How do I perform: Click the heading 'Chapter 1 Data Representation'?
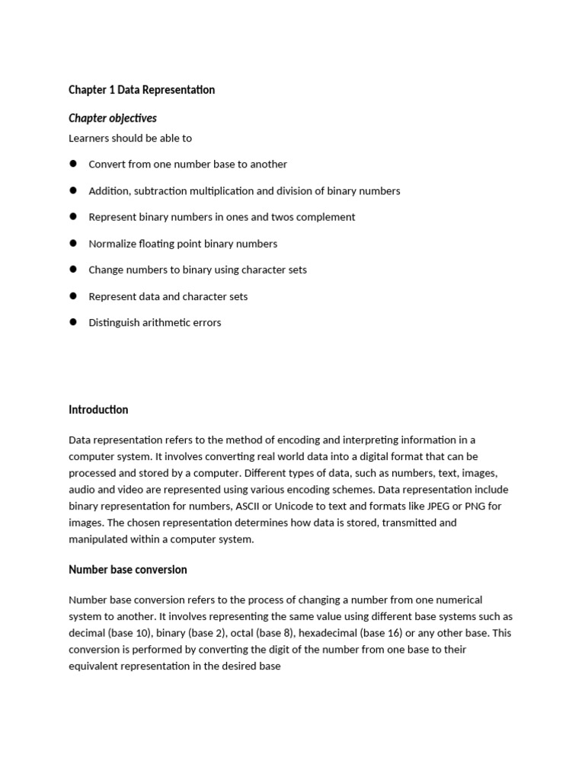[x=142, y=90]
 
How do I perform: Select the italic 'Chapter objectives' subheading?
[x=113, y=118]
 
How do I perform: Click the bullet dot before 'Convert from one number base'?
[x=74, y=164]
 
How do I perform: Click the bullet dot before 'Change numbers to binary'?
[x=74, y=270]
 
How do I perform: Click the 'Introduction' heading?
[x=98, y=410]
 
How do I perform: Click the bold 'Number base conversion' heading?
[x=127, y=570]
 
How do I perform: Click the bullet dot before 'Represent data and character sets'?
[x=74, y=296]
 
